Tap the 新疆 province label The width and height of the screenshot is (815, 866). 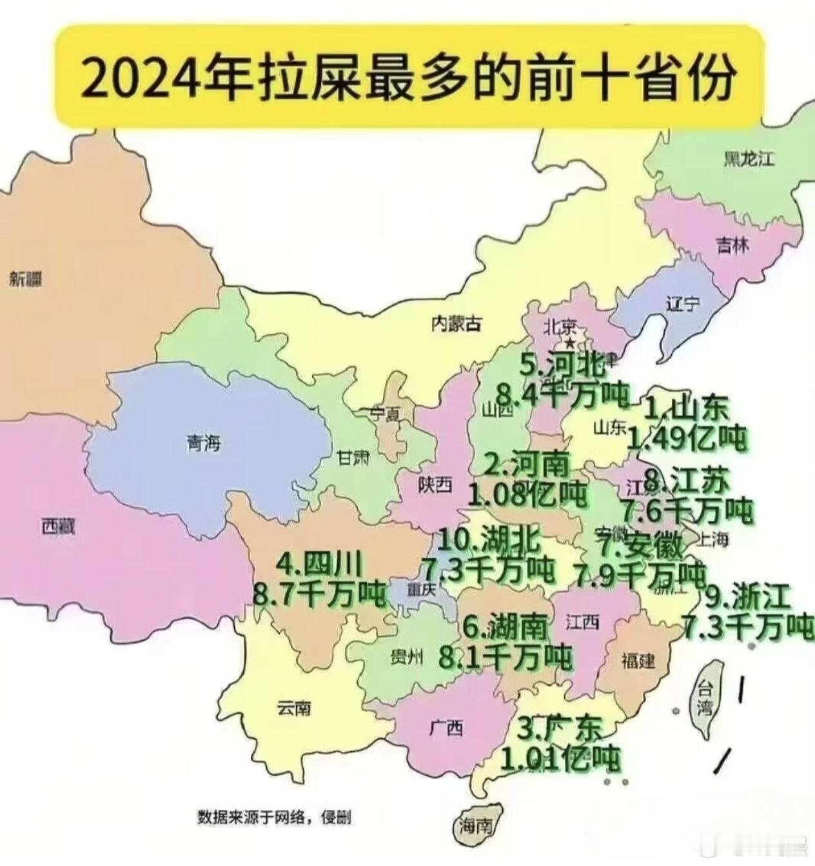click(26, 279)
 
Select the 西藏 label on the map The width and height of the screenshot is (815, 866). click(59, 527)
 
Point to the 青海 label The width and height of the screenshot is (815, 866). click(204, 443)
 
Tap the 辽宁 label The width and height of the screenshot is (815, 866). click(683, 303)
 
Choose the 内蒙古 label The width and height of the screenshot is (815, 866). click(457, 323)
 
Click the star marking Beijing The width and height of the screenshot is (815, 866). click(569, 342)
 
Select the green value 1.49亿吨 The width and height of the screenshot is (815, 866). click(687, 439)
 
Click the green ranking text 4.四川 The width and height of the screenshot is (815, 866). click(320, 565)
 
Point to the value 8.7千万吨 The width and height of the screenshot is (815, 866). click(320, 594)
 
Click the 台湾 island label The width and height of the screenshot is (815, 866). click(703, 699)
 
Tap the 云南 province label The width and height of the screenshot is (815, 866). click(294, 708)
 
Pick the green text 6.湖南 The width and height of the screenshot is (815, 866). click(506, 626)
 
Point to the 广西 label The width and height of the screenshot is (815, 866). click(446, 728)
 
